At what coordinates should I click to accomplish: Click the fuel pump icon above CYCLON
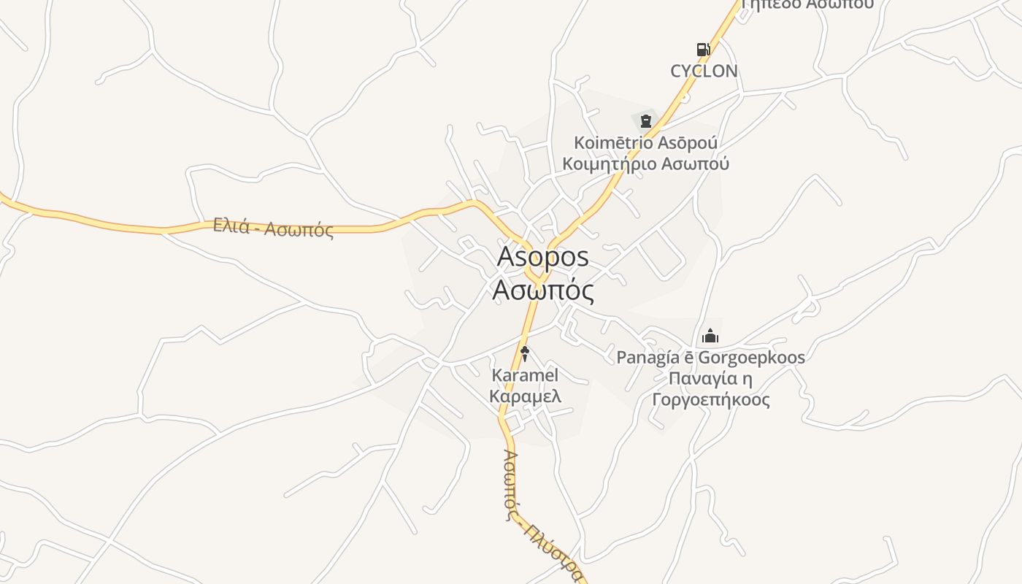703,50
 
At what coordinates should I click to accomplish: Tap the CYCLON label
704,71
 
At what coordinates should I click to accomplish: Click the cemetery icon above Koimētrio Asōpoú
645,120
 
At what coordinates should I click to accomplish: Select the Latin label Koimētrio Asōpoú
645,142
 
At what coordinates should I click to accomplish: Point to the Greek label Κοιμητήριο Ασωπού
645,164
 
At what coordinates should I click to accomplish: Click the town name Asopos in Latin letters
542,257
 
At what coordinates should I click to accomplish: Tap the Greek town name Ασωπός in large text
542,291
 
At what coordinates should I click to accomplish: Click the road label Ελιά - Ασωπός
274,228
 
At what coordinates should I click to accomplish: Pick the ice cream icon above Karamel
524,354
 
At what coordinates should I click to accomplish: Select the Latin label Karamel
525,375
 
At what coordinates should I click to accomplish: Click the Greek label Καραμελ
525,396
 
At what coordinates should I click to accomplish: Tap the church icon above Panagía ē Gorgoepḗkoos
710,337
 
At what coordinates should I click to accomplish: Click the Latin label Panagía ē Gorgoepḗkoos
710,358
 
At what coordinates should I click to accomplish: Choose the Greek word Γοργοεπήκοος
710,400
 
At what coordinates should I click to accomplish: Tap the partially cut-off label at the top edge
807,4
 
